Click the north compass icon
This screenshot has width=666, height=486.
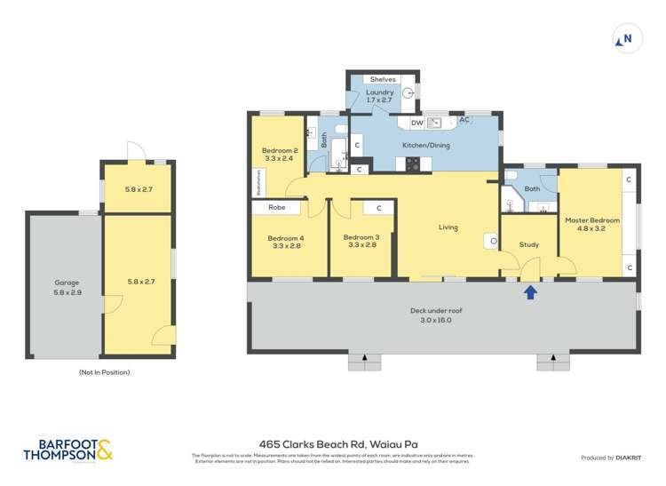coord(624,38)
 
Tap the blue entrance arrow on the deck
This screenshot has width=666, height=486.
coord(530,291)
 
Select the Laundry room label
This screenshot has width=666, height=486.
coord(379,92)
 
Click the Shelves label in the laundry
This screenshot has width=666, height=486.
coord(383,80)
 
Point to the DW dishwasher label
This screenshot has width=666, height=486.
coord(416,123)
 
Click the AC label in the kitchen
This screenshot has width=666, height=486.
coord(463,121)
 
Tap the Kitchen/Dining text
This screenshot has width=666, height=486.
coord(426,145)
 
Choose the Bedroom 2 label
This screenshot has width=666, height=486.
coord(280,151)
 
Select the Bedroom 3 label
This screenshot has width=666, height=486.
coord(361,237)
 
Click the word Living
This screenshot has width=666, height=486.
coord(448,227)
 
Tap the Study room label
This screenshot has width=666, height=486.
coord(529,244)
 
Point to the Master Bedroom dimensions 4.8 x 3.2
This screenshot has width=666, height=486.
coord(592,228)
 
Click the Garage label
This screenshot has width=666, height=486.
coord(67,283)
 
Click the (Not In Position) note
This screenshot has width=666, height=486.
coord(104,372)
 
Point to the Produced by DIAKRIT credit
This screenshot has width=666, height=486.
coord(610,458)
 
